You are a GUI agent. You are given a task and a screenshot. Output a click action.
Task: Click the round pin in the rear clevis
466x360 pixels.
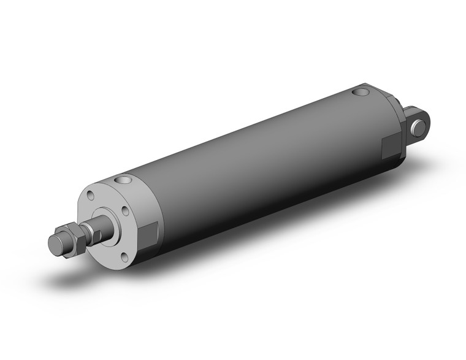coord(419,128)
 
